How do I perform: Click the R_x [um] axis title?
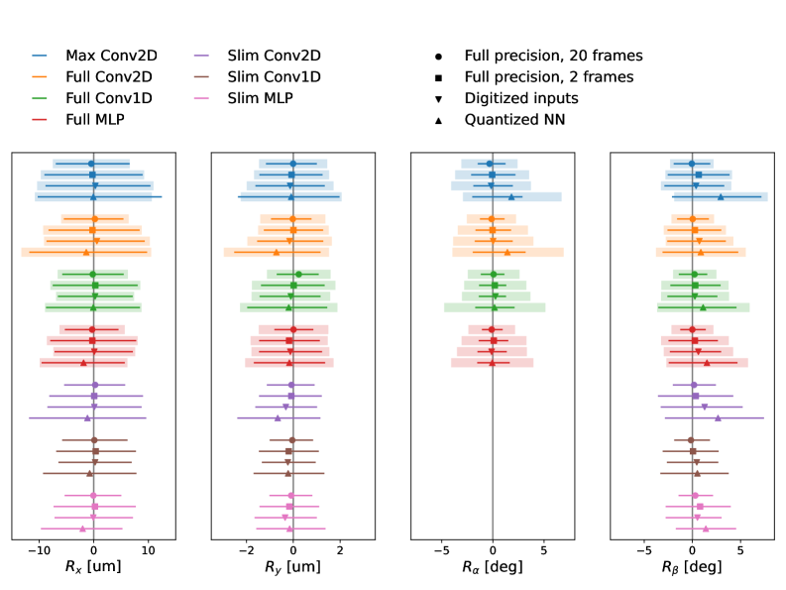point(93,568)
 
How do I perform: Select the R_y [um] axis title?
point(292,568)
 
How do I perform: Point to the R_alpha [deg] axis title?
point(493,568)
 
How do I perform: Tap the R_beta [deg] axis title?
point(693,568)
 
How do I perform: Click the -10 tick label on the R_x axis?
point(38,548)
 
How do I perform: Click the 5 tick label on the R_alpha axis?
point(544,548)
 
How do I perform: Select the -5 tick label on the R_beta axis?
point(642,548)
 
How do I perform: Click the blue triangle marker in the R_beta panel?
point(721,196)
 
